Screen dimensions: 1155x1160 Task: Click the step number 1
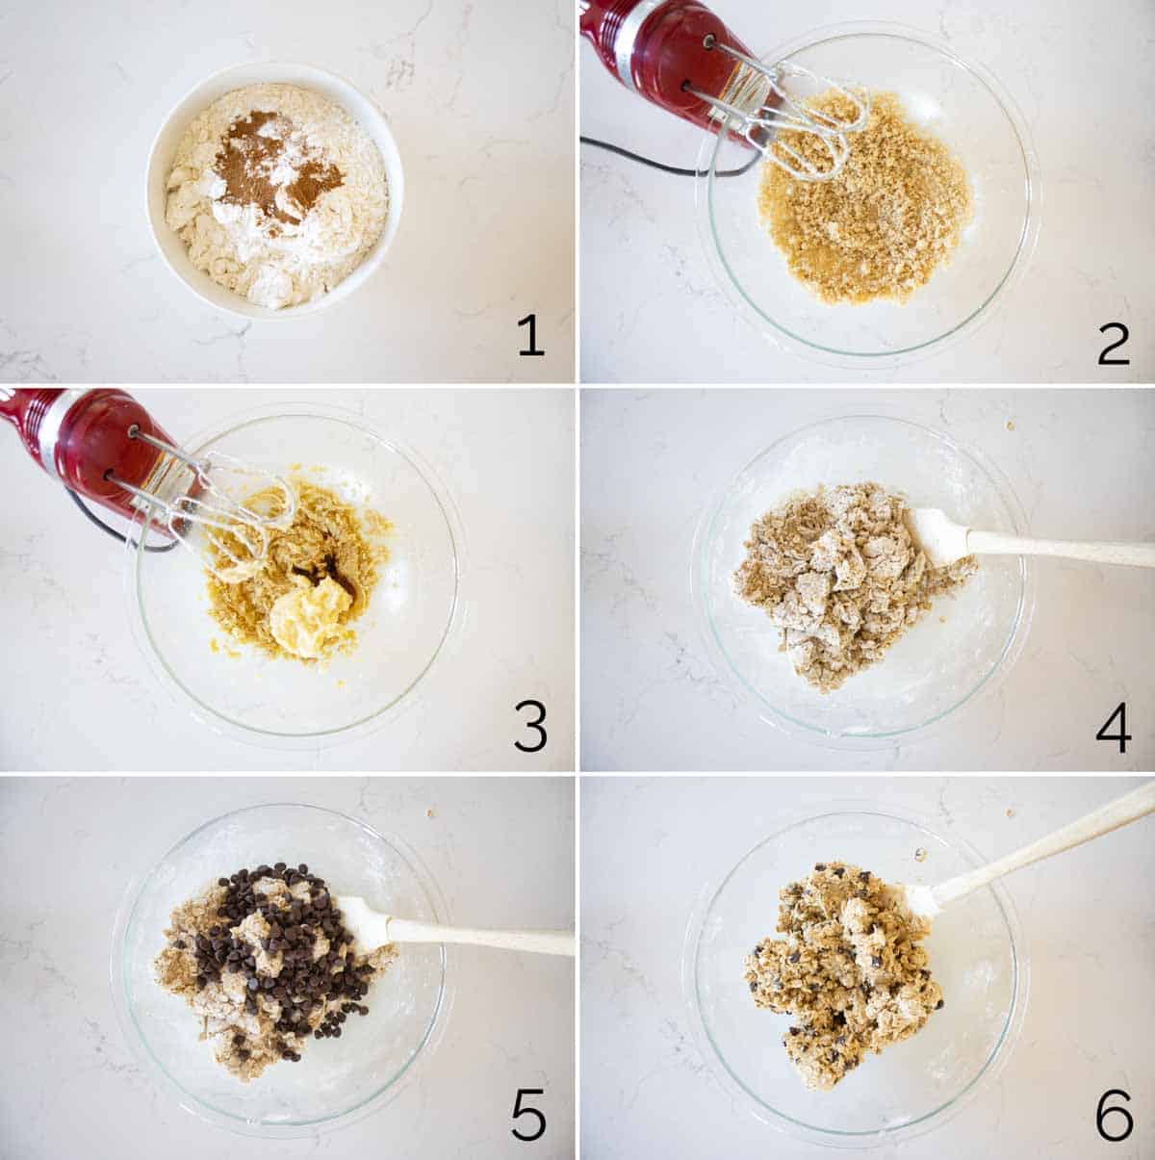pyautogui.click(x=531, y=337)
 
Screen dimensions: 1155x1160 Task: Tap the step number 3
pyautogui.click(x=530, y=729)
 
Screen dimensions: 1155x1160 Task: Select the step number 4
pyautogui.click(x=1114, y=731)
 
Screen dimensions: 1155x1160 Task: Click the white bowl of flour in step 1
pyautogui.click(x=275, y=190)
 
